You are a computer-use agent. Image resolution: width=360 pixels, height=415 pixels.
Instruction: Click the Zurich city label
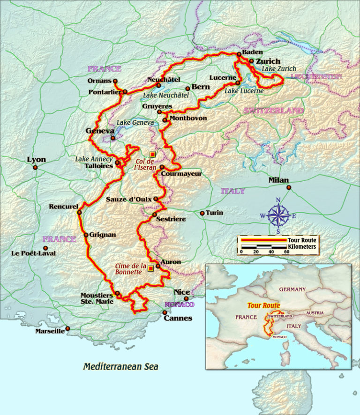269,61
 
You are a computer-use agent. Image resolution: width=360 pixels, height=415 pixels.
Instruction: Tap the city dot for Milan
289,188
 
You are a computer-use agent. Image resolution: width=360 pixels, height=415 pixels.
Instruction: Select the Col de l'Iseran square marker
152,154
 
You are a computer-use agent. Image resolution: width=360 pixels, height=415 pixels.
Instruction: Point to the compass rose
278,216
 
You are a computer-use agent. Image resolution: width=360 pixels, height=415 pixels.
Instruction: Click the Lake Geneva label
135,122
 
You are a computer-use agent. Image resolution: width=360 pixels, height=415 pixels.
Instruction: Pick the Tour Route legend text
302,240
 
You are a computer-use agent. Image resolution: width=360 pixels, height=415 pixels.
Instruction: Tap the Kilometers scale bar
264,246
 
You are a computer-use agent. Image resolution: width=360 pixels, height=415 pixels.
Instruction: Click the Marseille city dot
67,329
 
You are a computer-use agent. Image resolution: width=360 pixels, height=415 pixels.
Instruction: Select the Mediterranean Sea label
120,366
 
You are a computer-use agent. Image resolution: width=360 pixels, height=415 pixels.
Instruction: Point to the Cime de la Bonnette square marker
150,268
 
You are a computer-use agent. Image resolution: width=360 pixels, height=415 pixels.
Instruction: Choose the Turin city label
214,213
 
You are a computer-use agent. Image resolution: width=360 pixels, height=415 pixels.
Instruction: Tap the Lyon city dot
36,167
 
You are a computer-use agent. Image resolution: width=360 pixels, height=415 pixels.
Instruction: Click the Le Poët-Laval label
33,253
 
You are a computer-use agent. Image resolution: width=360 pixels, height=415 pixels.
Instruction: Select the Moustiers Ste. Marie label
96,298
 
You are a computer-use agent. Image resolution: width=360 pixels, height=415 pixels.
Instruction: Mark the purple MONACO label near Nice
179,304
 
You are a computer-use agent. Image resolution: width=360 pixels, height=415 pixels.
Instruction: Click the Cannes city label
178,318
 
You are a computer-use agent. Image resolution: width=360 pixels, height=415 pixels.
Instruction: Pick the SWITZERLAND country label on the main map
273,111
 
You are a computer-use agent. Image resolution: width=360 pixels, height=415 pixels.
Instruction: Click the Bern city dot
187,88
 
